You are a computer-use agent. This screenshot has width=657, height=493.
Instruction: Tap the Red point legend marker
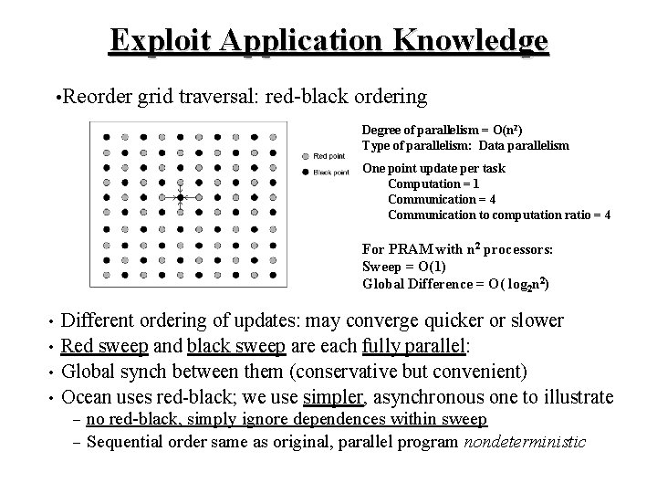click(304, 156)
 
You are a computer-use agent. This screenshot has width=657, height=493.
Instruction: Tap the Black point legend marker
click(304, 172)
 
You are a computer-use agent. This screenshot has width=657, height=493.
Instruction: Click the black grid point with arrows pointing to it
click(181, 197)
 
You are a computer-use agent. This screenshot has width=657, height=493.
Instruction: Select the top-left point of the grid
click(106, 136)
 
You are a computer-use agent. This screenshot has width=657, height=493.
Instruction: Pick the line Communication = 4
click(442, 199)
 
